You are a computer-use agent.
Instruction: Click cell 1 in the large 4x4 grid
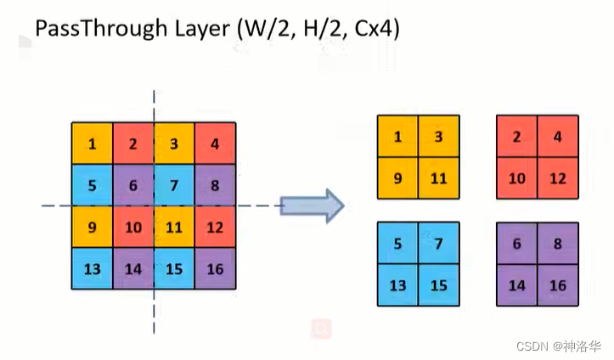click(x=92, y=143)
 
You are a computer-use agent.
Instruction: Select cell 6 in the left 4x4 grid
click(x=133, y=185)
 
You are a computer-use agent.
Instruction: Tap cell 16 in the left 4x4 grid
click(x=215, y=268)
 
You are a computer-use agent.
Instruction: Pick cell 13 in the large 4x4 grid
click(x=92, y=268)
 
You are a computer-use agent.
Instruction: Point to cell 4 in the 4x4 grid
click(x=215, y=143)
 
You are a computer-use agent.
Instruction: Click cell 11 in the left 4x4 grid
click(x=174, y=227)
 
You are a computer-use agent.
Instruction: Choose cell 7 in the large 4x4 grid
click(x=174, y=185)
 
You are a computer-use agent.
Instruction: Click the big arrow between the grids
click(x=311, y=205)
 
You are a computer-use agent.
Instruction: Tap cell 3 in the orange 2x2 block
click(x=438, y=136)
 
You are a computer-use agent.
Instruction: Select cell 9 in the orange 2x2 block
click(x=398, y=177)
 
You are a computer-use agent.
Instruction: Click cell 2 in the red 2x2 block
click(x=516, y=136)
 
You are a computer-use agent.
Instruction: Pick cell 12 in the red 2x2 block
click(x=557, y=177)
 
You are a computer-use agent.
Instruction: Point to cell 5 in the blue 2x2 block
click(x=398, y=244)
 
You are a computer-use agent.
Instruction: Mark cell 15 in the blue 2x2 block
click(x=438, y=285)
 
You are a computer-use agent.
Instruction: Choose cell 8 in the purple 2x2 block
click(x=557, y=244)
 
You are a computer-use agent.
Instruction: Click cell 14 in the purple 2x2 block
click(x=516, y=285)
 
